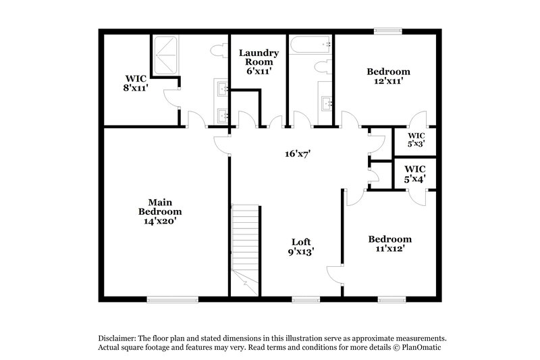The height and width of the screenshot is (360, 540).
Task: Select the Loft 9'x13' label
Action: click(300, 246)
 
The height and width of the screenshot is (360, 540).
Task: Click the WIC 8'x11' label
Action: click(136, 82)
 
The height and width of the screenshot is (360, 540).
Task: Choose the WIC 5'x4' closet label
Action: click(414, 174)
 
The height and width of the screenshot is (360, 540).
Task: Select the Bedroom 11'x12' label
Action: click(389, 244)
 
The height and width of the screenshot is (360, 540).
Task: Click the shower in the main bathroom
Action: click(165, 56)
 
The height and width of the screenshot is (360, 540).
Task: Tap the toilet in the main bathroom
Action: click(219, 52)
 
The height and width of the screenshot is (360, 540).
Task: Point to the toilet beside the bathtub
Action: click(323, 66)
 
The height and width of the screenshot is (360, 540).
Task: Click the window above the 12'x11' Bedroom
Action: click(388, 30)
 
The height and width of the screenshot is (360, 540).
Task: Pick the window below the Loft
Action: click(306, 299)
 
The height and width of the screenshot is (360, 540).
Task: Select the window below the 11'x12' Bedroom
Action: click(391, 299)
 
